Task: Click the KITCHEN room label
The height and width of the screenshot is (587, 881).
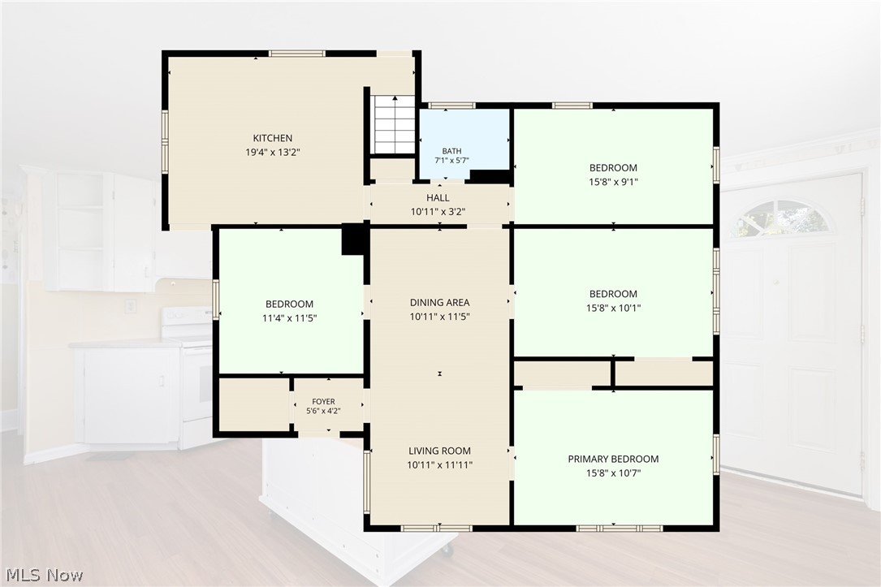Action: [x=273, y=138]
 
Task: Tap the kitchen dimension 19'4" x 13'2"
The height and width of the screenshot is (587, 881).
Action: [x=273, y=152]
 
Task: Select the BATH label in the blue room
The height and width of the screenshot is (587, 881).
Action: [x=451, y=150]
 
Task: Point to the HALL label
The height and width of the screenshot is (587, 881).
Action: [x=438, y=198]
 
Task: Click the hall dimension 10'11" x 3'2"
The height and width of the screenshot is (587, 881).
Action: [x=438, y=212]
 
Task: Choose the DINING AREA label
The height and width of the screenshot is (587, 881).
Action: [x=439, y=302]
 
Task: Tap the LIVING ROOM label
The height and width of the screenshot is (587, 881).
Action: [x=439, y=451]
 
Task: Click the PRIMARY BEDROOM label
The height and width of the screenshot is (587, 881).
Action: [x=613, y=459]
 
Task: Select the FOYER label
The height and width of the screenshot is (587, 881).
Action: [x=323, y=402]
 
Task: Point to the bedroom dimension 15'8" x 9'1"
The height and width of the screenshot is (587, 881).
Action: [x=613, y=181]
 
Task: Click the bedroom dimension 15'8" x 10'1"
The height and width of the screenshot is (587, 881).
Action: [x=613, y=308]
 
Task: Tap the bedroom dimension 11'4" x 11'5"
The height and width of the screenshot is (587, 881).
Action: [x=289, y=318]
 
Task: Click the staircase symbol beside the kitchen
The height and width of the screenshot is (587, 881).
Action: [x=395, y=124]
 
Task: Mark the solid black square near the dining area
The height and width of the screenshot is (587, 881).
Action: [x=353, y=240]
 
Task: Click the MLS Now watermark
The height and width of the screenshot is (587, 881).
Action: [x=45, y=575]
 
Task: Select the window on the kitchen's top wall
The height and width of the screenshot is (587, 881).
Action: [x=296, y=54]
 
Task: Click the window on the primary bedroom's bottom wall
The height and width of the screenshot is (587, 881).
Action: [x=620, y=528]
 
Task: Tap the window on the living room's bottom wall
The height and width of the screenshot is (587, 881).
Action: [x=437, y=528]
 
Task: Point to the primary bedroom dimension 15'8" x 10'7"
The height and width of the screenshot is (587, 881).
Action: [x=613, y=473]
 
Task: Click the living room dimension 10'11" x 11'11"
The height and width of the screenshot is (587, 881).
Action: [x=439, y=464]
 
